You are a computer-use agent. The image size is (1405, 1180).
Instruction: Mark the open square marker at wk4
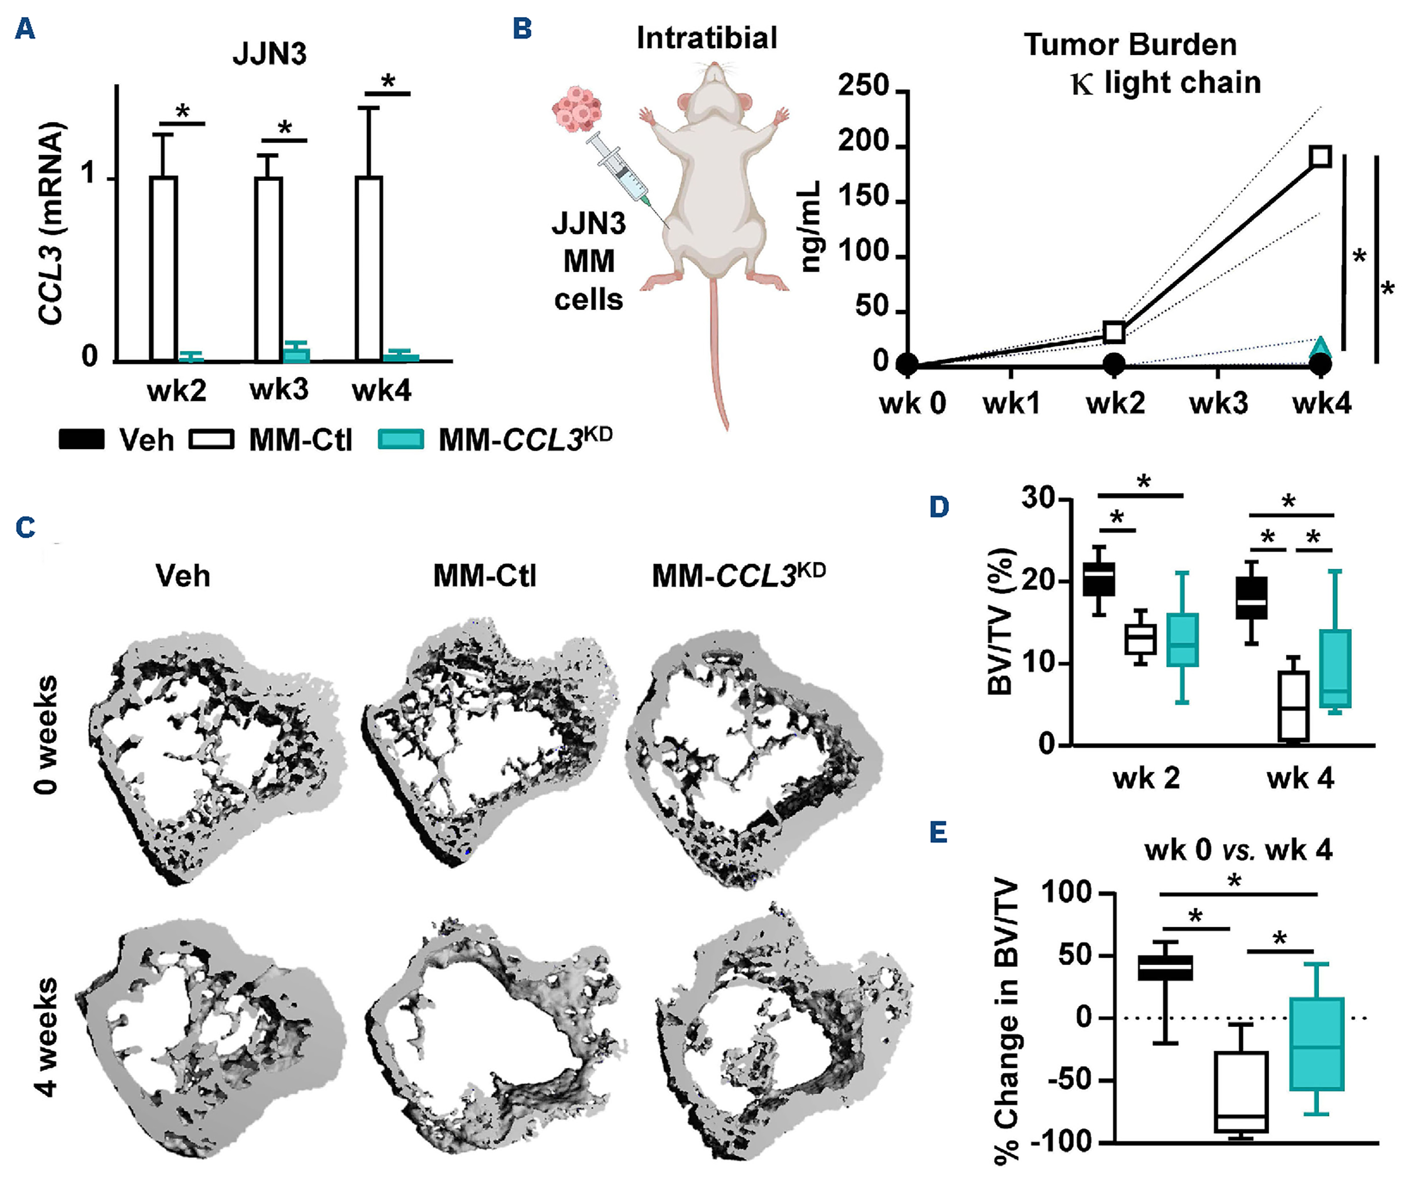[1321, 157]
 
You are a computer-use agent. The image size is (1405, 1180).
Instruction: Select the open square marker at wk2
[1114, 332]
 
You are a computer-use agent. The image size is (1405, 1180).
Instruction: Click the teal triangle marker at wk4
[1321, 346]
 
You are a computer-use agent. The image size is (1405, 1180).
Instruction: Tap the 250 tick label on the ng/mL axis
[863, 87]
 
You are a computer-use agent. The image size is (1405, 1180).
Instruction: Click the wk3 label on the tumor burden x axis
[1218, 403]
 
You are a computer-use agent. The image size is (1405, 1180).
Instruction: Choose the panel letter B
[522, 29]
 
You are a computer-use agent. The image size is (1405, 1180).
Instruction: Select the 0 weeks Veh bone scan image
[214, 753]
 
